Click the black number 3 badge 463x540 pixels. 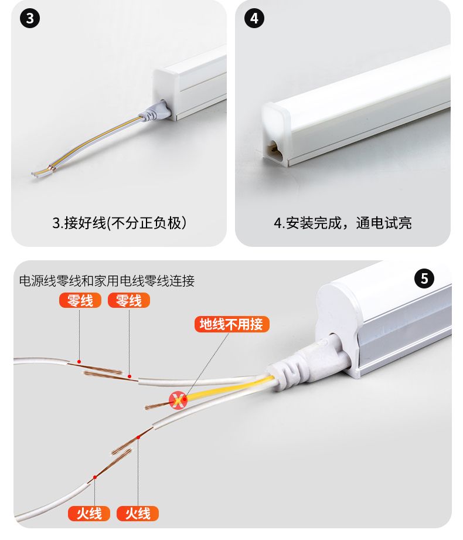pyautogui.click(x=30, y=18)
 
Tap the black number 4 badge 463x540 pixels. pyautogui.click(x=254, y=18)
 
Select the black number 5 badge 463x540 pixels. pyautogui.click(x=424, y=279)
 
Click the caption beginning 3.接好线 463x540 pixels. pyautogui.click(x=119, y=223)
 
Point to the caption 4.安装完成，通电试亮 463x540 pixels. pyautogui.click(x=342, y=223)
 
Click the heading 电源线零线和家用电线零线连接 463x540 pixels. pyautogui.click(x=107, y=281)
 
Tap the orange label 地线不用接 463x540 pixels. pyautogui.click(x=231, y=324)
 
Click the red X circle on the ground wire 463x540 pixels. pyautogui.click(x=178, y=400)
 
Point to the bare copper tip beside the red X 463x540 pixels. pyautogui.click(x=157, y=406)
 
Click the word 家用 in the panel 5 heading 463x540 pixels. pyautogui.click(x=107, y=281)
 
